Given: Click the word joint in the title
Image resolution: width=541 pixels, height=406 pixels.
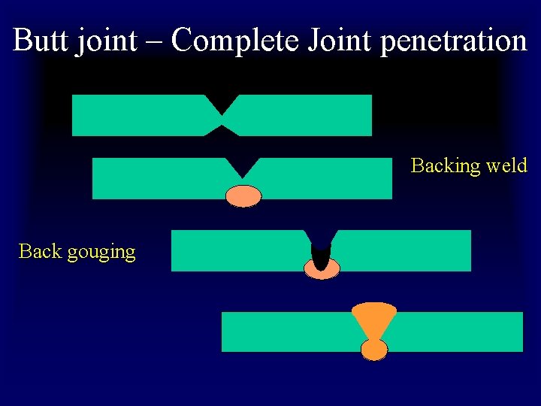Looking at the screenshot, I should point(105,41).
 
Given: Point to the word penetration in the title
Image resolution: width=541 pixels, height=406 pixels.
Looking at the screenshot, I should point(454,41).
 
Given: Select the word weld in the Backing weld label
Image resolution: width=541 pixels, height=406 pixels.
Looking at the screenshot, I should point(506,165).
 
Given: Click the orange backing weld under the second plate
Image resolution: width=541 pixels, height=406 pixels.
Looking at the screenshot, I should point(243,196).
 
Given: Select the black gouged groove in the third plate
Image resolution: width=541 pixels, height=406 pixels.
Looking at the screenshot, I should point(321,256).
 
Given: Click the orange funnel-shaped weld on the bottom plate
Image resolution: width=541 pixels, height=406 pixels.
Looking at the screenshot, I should point(374,319).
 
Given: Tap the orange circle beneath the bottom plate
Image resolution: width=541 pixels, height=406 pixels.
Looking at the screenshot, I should point(374,350).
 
